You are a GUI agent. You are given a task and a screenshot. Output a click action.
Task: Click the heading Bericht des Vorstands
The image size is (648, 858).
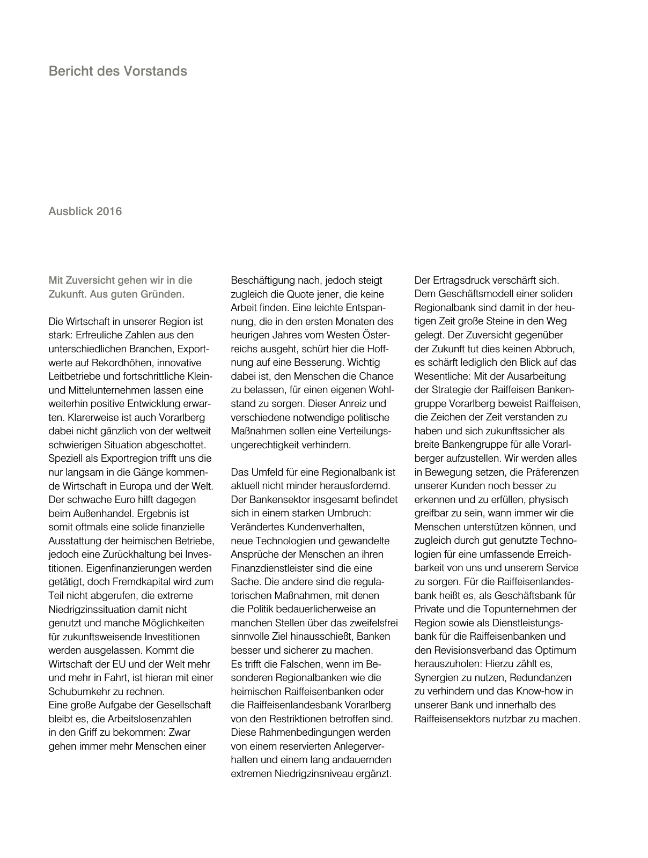pos(117,71)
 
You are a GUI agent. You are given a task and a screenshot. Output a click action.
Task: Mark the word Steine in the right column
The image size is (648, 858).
pos(501,321)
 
